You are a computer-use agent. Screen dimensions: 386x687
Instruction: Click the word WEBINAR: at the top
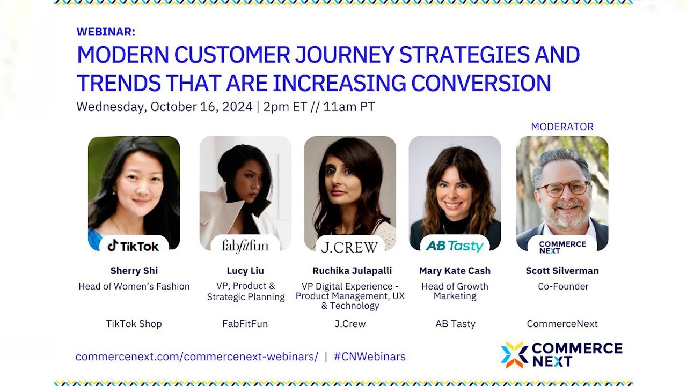[106, 32]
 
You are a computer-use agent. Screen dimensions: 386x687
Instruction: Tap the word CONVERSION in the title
[481, 83]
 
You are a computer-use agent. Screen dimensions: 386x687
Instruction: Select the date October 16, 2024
[201, 107]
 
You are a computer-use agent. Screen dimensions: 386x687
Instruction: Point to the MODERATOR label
[562, 127]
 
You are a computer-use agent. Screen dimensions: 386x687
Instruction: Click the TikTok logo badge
[134, 246]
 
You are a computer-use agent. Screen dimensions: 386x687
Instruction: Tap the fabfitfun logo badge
[245, 246]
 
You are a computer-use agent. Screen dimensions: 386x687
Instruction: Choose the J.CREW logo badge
[349, 247]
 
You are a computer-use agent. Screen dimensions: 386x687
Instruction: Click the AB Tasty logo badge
[455, 246]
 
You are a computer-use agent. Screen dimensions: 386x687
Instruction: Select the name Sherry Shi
[134, 271]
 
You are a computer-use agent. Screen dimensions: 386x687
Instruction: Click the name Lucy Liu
[245, 271]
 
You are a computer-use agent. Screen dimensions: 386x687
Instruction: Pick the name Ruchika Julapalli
[352, 271]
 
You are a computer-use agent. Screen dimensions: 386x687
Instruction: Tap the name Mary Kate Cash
[455, 271]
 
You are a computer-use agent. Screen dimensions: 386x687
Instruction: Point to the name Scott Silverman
[562, 271]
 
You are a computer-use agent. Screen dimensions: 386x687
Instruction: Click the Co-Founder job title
[563, 286]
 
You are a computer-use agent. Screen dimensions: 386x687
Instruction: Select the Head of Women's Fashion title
[134, 286]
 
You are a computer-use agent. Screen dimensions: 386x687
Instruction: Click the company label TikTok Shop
[134, 324]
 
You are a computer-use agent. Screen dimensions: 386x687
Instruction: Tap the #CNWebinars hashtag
[369, 357]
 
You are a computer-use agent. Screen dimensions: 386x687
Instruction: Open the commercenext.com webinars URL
[196, 357]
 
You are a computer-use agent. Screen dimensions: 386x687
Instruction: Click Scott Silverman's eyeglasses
[563, 188]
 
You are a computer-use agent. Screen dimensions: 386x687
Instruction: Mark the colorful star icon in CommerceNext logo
[514, 355]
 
